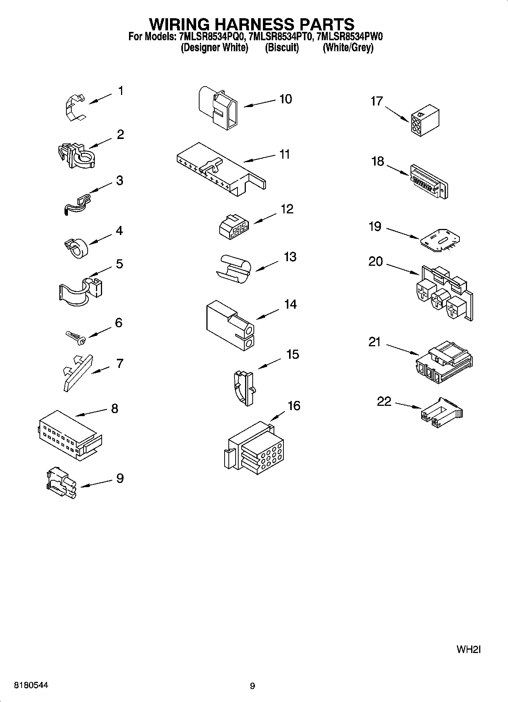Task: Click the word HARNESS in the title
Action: click(252, 24)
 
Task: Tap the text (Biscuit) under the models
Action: click(282, 48)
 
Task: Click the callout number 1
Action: click(121, 91)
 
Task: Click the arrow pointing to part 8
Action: click(91, 413)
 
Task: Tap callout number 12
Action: click(287, 209)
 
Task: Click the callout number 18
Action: click(378, 161)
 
